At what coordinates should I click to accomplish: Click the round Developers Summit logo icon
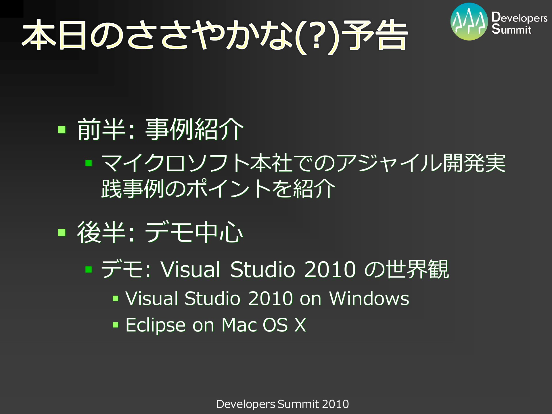(x=469, y=22)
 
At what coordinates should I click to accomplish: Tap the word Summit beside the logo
(x=511, y=29)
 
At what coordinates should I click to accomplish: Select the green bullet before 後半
(x=62, y=232)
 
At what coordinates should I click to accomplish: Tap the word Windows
(x=369, y=298)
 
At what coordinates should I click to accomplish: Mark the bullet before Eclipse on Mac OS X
(x=116, y=325)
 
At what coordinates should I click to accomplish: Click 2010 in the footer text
(x=335, y=404)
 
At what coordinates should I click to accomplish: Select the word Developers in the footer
(x=246, y=404)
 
